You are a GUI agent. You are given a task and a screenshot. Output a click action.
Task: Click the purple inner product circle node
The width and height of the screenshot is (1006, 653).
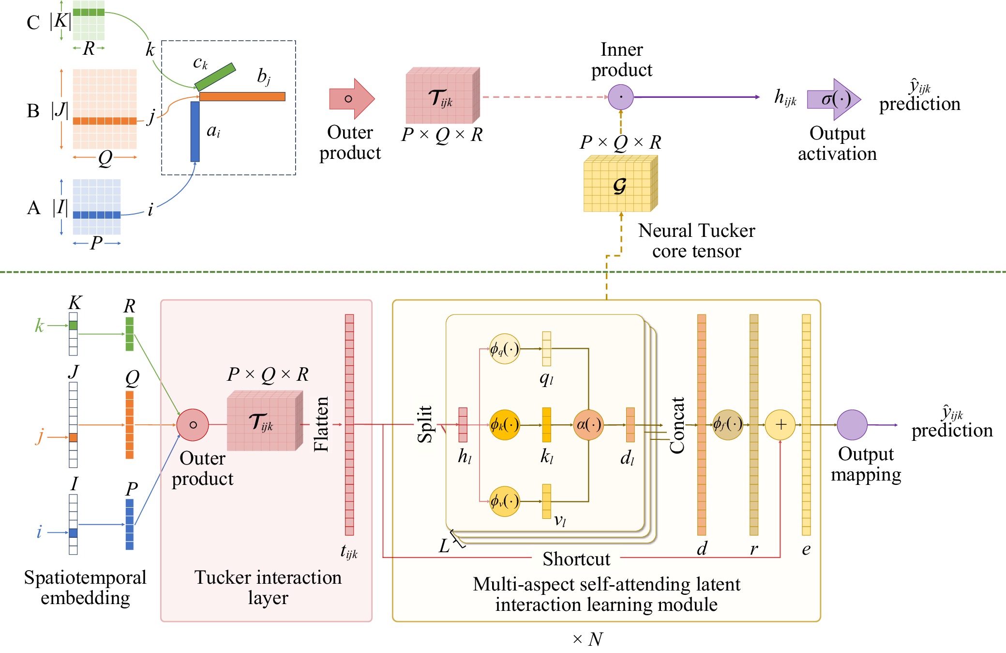click(x=620, y=97)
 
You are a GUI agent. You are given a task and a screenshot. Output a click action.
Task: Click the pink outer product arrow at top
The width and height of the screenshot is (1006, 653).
click(x=351, y=99)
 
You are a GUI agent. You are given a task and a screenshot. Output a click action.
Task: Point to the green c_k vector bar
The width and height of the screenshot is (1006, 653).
click(x=215, y=77)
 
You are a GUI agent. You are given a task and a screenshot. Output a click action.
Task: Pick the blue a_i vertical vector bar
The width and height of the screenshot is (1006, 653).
click(x=195, y=131)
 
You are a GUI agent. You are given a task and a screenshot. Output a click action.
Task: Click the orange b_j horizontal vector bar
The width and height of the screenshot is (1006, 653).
click(x=242, y=96)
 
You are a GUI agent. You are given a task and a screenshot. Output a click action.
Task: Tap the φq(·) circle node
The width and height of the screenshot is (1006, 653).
click(x=504, y=349)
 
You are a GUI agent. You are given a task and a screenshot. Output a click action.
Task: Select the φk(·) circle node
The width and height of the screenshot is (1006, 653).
click(x=504, y=425)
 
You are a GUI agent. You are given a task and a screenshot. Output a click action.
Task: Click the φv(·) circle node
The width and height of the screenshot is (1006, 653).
click(x=504, y=501)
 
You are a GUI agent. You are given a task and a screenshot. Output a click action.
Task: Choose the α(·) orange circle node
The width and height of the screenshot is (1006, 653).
click(x=588, y=425)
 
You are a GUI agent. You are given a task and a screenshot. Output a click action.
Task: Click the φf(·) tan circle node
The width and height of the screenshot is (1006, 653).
click(x=727, y=425)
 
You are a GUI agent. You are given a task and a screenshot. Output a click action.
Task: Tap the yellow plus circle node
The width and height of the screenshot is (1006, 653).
click(x=780, y=425)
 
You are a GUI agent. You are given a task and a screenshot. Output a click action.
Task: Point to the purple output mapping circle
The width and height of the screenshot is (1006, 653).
click(x=852, y=425)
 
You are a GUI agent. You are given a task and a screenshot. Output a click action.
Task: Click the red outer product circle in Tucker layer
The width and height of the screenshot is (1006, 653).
click(x=193, y=425)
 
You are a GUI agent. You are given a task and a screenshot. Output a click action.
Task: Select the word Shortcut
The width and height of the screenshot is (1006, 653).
click(x=576, y=559)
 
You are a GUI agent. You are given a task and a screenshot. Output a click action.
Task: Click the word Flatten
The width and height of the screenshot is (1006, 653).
click(x=321, y=424)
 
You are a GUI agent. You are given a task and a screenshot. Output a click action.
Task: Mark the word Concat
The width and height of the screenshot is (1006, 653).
click(x=677, y=425)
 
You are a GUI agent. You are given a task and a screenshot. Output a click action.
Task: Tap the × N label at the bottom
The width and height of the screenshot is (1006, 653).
click(x=587, y=639)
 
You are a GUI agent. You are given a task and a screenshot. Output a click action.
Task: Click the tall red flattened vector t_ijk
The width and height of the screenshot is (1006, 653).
click(x=349, y=424)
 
